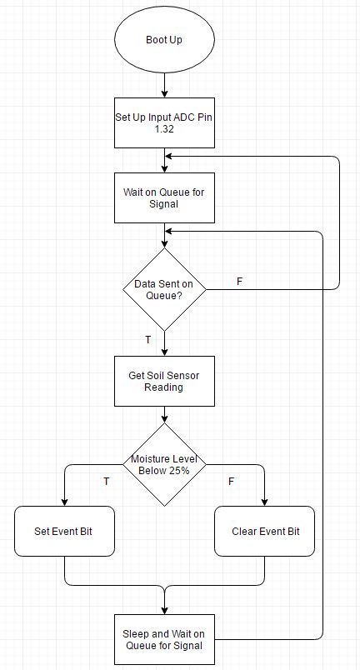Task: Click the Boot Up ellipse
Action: (164, 40)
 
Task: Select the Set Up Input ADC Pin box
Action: (164, 123)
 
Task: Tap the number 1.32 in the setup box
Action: (164, 129)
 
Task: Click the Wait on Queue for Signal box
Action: (164, 197)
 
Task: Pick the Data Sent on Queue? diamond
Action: (164, 289)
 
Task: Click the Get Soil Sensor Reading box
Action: (164, 381)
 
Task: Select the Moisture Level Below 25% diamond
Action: (164, 465)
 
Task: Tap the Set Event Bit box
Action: (64, 531)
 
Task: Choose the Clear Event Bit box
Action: (264, 531)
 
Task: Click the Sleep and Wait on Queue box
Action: (164, 640)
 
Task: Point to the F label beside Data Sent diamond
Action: (239, 282)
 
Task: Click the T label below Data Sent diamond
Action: (147, 340)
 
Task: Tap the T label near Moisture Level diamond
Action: (107, 482)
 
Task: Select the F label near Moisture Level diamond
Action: (231, 482)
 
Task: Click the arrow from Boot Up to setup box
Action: (164, 86)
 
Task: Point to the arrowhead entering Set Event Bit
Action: (64, 502)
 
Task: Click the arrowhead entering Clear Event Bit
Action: (264, 502)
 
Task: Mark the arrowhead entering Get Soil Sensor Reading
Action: (164, 352)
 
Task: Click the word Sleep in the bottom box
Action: (134, 633)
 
